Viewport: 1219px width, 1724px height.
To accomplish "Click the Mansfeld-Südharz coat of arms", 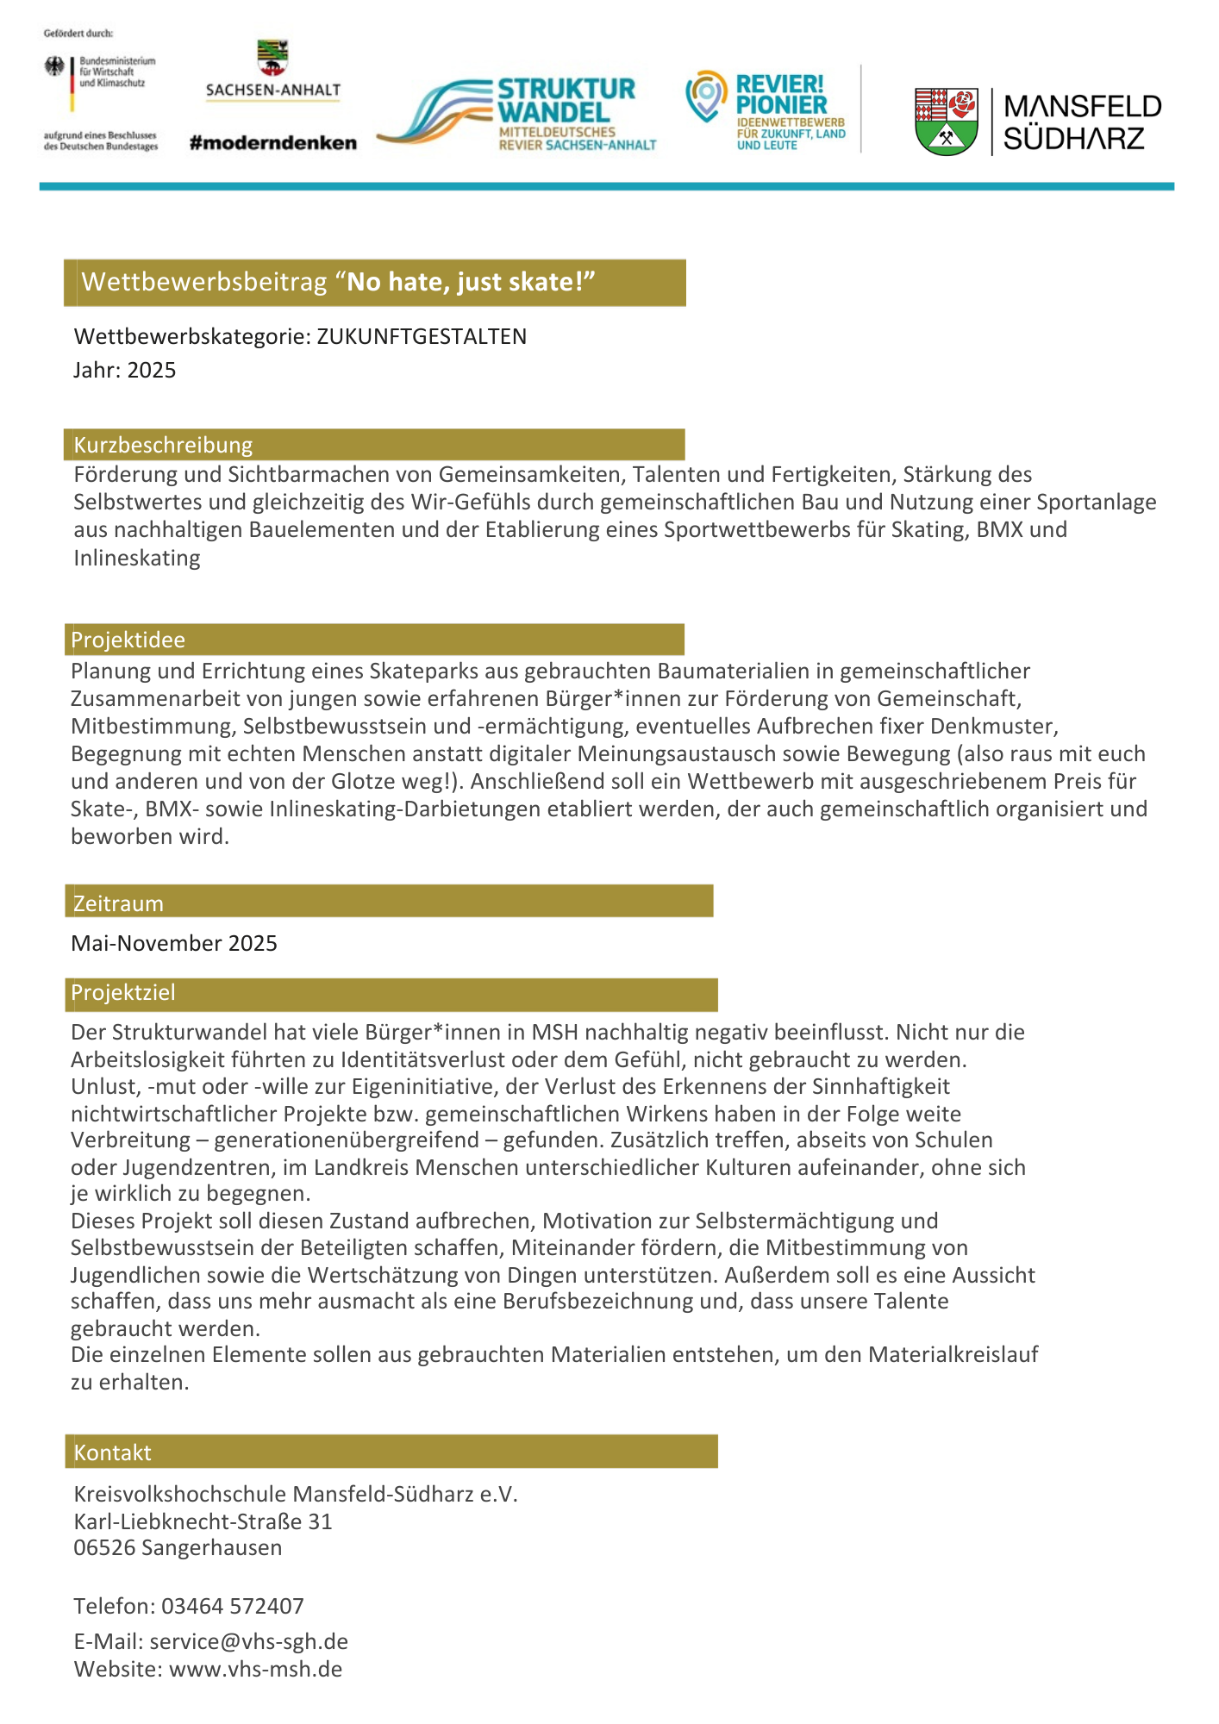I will (946, 121).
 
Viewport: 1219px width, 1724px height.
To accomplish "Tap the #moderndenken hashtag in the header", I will (272, 143).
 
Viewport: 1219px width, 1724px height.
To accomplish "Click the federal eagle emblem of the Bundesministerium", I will (55, 66).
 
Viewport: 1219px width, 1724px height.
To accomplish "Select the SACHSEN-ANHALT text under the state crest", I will (273, 90).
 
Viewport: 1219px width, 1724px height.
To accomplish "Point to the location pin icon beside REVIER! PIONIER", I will (706, 95).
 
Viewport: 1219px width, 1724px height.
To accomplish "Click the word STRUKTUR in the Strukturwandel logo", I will (566, 89).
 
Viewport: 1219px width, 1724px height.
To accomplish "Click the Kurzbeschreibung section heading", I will (163, 445).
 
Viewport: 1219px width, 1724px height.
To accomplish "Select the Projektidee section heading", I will (128, 640).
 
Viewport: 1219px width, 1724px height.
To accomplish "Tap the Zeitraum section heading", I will (118, 903).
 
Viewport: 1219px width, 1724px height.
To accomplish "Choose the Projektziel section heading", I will (123, 993).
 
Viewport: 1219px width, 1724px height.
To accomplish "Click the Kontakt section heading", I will (112, 1452).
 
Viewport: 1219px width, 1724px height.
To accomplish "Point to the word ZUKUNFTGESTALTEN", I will (422, 336).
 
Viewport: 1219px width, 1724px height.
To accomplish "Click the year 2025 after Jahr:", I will (152, 371).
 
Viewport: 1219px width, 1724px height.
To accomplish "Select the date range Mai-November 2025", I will (174, 943).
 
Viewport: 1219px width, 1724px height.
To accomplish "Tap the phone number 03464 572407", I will (233, 1606).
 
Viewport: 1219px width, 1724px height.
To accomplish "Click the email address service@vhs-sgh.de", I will (248, 1641).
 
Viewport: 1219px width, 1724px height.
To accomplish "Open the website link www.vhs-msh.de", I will (255, 1669).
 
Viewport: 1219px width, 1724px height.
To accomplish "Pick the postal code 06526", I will (104, 1547).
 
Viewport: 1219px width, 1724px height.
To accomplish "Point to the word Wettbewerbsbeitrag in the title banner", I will (204, 282).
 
